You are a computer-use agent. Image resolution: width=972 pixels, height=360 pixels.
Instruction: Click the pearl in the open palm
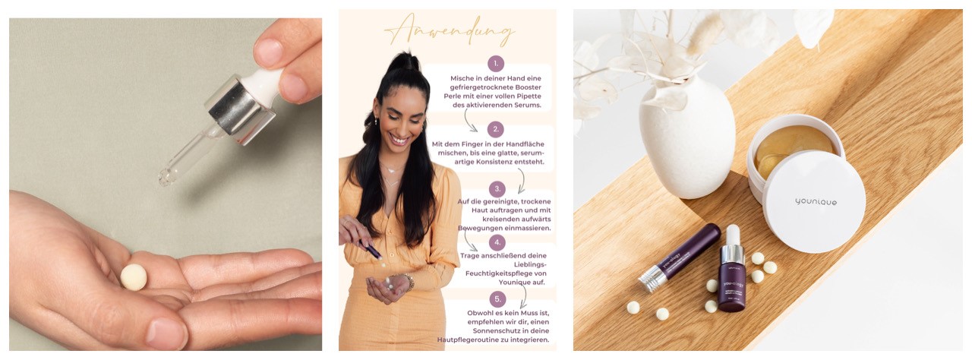click(x=133, y=276)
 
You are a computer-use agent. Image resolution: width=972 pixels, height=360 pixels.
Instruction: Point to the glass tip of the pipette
click(x=169, y=175)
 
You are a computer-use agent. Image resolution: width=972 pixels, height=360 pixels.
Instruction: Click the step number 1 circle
click(x=495, y=63)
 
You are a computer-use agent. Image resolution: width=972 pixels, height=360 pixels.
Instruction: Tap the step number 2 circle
click(x=495, y=129)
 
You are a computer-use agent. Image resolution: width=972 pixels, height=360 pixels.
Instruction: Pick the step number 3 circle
click(x=497, y=189)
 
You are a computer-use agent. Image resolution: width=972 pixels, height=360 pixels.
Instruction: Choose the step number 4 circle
click(x=497, y=243)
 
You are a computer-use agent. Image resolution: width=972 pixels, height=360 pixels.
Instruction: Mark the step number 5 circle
click(x=497, y=298)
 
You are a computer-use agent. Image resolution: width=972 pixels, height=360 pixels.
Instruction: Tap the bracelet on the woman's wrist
click(x=409, y=282)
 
